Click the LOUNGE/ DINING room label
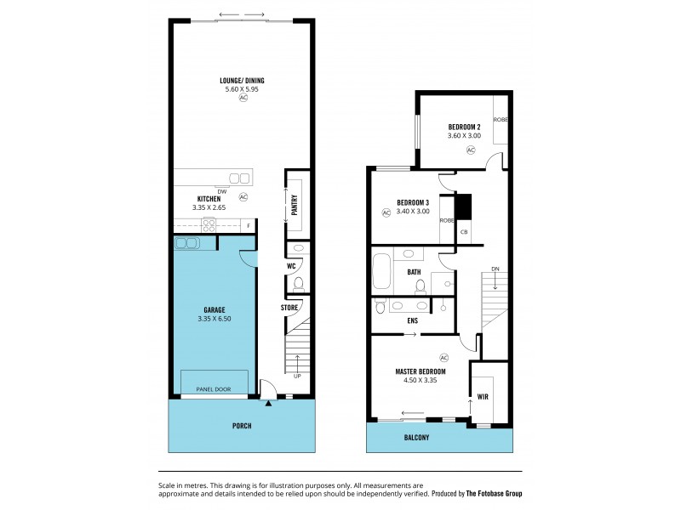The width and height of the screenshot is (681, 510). pos(243,79)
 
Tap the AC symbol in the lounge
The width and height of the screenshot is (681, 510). pos(243,98)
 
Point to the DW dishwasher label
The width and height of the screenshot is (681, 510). pos(221,191)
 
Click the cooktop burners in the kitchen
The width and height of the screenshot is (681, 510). pos(209,225)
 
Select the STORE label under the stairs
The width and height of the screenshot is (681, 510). pos(289,307)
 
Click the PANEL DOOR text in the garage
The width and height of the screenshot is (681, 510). pos(214,389)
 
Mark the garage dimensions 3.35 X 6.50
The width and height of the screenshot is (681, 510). pos(213,318)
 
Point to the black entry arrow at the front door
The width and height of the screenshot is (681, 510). pos(267,404)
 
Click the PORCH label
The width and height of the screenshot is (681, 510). pos(242,425)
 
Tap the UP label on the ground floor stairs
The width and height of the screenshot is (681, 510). pos(297,377)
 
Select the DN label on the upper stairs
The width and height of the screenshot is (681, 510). pos(495,269)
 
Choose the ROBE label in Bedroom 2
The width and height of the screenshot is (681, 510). pos(501,120)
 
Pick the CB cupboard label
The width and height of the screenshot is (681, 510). pos(464,232)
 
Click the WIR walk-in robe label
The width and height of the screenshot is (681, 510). pos(483,396)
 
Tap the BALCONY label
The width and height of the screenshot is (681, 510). pos(417,438)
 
